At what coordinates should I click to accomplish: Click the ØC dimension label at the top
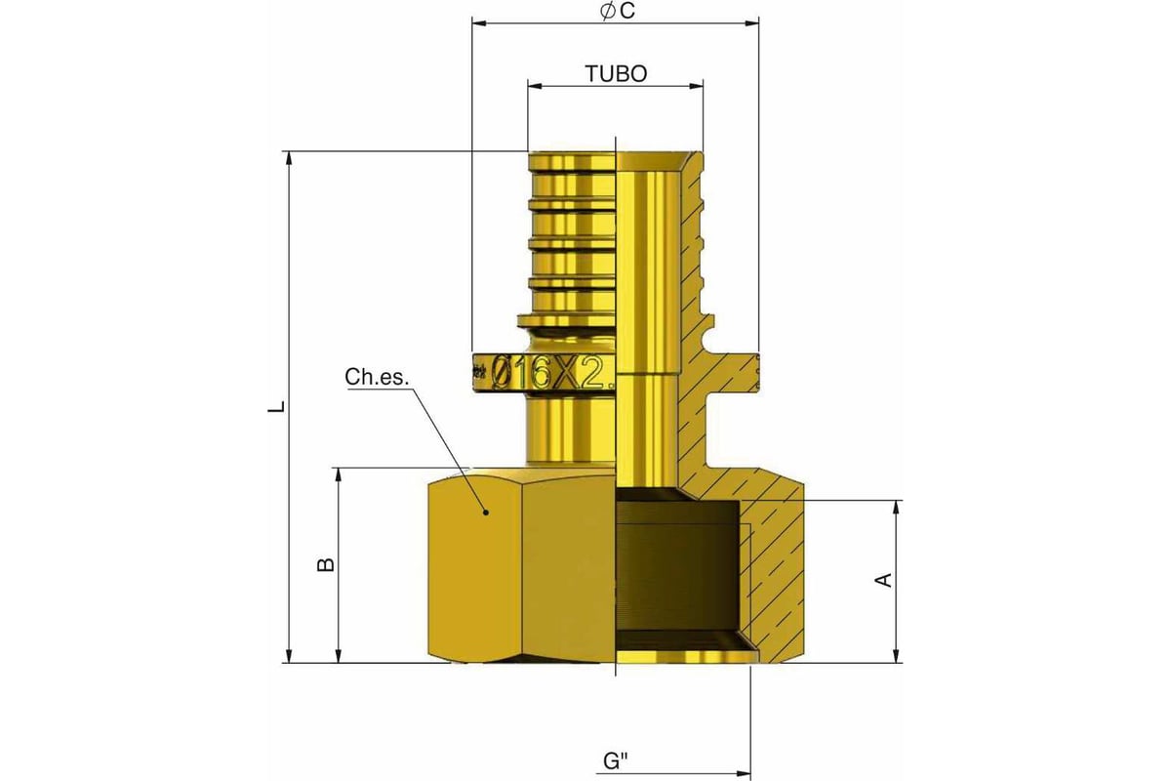pos(615,11)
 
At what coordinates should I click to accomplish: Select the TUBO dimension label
pos(615,73)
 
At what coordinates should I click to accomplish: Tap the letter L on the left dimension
pos(277,406)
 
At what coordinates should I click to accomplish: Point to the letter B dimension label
pos(328,564)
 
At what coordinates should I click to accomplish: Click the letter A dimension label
pos(884,581)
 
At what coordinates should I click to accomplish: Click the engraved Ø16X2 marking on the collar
pos(551,372)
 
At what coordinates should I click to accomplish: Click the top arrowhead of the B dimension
pos(339,473)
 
